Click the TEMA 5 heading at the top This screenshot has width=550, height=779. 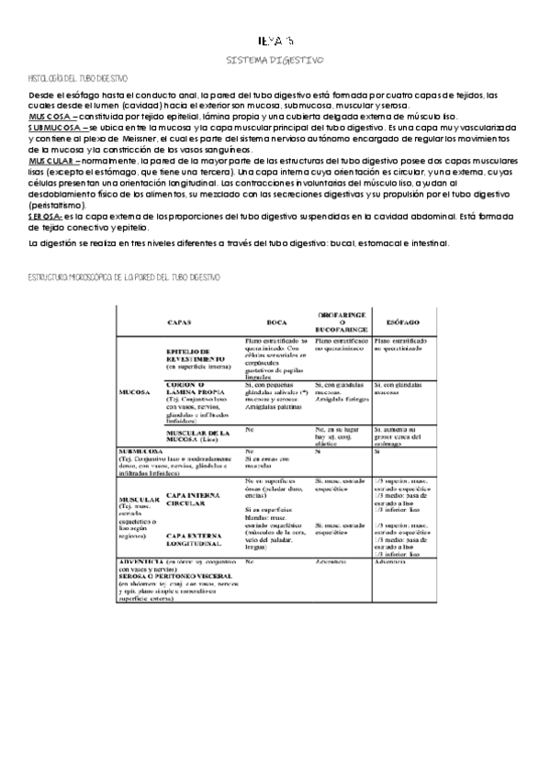(275, 40)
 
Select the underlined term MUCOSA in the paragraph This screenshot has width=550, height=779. (48, 118)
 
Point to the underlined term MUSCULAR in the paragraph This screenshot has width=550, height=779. (53, 159)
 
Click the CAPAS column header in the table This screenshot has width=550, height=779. (178, 322)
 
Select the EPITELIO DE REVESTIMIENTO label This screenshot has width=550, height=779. (197, 355)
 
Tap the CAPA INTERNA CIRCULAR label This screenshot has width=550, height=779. (194, 474)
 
